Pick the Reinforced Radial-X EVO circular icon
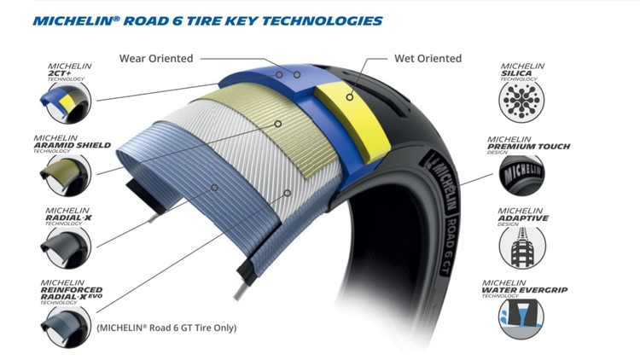63,322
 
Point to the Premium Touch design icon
521,175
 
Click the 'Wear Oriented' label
156,58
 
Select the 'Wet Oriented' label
428,58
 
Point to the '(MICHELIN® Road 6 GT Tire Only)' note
166,328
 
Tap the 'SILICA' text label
518,74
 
